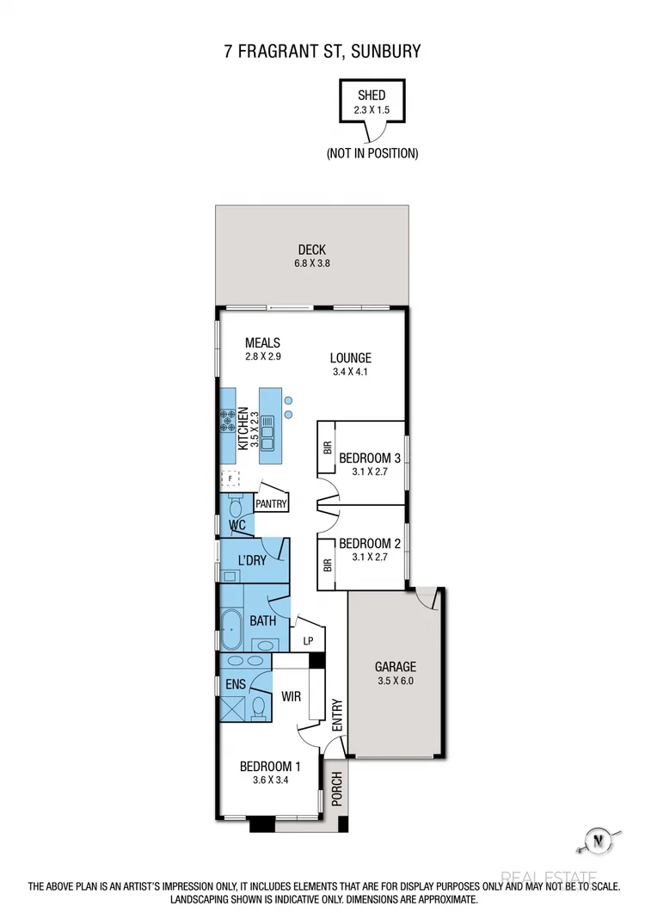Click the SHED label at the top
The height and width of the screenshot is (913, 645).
point(372,96)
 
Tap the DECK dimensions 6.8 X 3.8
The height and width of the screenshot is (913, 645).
point(311,265)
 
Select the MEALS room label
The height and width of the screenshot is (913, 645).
point(262,343)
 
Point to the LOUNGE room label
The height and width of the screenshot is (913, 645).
point(350,358)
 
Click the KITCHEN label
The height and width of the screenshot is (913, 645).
point(243,428)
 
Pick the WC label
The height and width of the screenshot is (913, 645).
point(237,525)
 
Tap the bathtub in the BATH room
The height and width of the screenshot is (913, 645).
point(230,632)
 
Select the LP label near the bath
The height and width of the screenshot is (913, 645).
point(308,641)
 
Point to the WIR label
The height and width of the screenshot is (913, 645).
point(291,695)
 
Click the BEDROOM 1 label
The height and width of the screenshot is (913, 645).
point(270,767)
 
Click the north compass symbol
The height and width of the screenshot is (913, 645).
point(594,840)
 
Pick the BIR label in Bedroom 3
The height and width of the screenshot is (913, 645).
point(327,447)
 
